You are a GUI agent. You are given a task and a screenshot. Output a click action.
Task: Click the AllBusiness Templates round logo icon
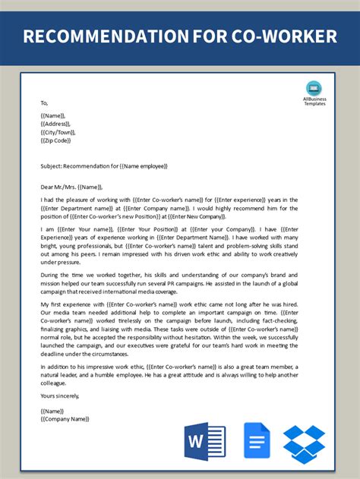314,88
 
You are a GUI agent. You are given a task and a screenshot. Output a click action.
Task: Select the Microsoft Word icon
205,442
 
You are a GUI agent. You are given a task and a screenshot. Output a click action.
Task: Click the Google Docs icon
257,441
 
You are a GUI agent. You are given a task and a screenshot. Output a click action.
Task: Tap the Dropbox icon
305,443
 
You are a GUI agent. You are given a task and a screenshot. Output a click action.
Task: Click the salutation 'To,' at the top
44,103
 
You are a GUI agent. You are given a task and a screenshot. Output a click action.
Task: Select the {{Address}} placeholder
56,124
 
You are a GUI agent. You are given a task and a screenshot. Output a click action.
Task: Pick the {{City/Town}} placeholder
58,132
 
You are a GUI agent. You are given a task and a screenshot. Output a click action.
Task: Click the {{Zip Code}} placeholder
56,140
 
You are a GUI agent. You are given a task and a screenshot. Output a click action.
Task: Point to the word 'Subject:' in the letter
53,165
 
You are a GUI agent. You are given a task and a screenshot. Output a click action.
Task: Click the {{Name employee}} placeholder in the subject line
140,165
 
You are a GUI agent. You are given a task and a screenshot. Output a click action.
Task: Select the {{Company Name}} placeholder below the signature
65,418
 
